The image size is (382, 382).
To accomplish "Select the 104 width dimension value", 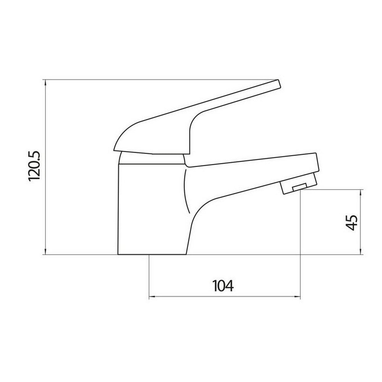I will point(223,286).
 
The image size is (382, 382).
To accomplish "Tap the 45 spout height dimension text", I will point(351,222).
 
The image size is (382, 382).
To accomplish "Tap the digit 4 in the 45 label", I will point(351,227).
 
